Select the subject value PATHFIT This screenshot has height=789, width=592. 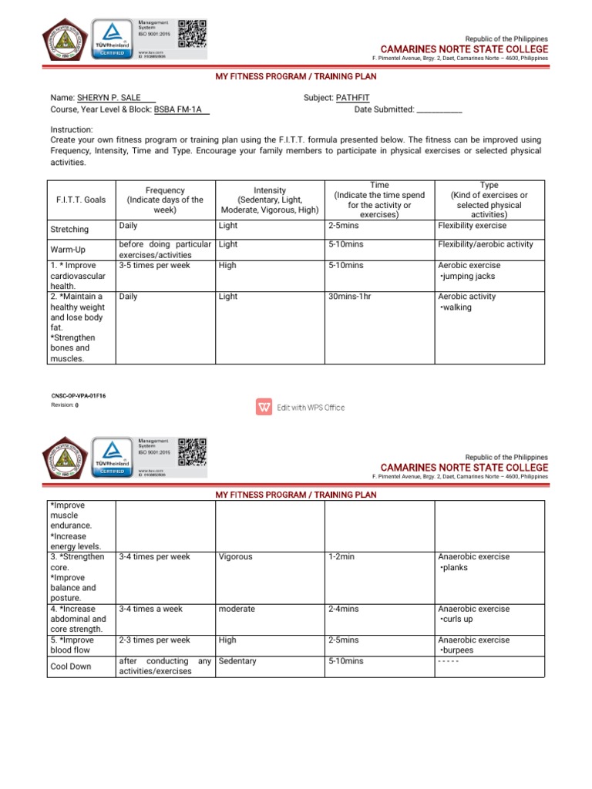(x=353, y=99)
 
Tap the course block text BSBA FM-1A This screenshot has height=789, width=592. (x=180, y=109)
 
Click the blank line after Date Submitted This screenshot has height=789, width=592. (x=439, y=110)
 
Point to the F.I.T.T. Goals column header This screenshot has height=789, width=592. (x=81, y=200)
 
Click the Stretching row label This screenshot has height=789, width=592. (x=69, y=230)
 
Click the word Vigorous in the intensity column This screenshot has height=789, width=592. (x=235, y=556)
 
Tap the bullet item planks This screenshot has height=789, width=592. (x=454, y=567)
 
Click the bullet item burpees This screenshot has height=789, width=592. (x=459, y=650)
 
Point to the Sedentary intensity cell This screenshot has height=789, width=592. (x=237, y=661)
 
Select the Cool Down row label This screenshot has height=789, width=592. (x=70, y=666)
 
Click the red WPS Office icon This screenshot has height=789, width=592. (x=264, y=407)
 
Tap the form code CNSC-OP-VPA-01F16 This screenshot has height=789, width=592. (x=78, y=395)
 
